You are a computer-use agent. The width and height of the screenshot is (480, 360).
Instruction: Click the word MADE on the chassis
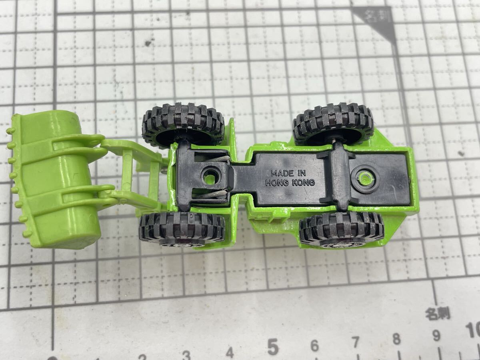282,173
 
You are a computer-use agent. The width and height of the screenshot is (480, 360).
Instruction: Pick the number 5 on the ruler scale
273,347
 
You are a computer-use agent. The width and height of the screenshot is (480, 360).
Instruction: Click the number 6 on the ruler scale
315,346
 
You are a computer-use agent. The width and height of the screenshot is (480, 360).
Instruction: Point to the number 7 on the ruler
355,342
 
